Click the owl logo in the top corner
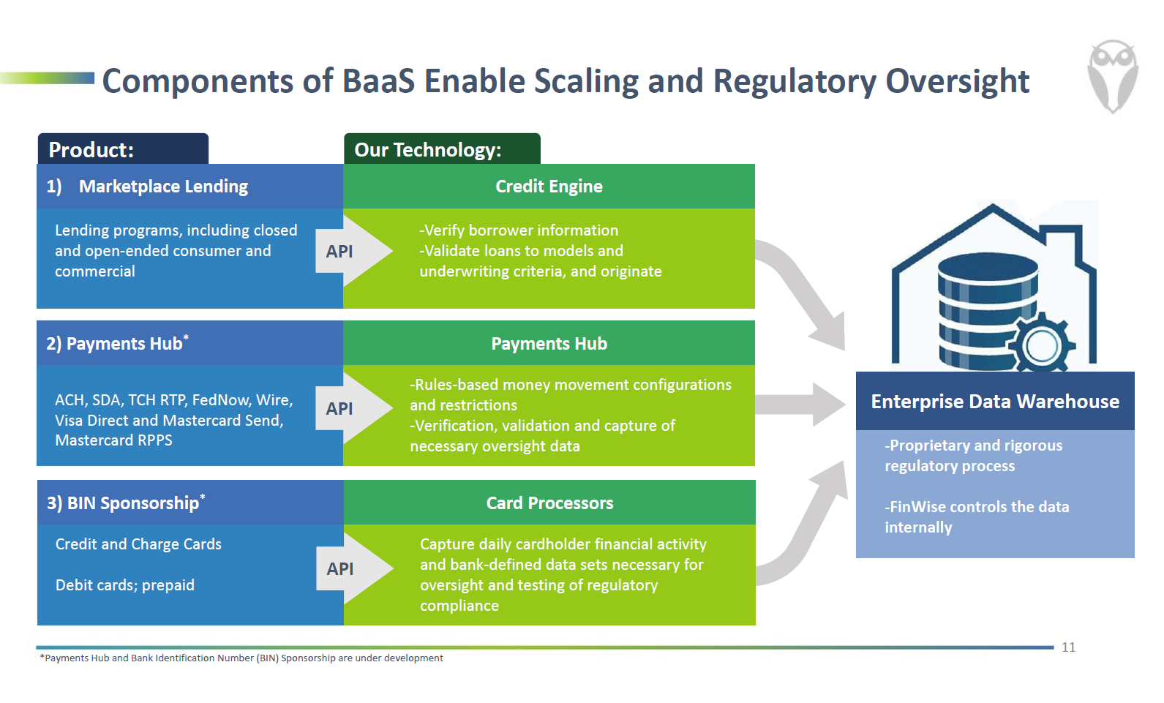(1112, 76)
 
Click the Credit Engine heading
(549, 187)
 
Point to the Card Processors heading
(549, 503)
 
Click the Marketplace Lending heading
(163, 187)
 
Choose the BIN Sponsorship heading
(132, 503)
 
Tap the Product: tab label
(91, 150)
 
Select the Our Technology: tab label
(428, 150)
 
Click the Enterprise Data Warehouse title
(995, 402)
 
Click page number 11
(1068, 647)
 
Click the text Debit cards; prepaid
(125, 585)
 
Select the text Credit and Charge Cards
(138, 544)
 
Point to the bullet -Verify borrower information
(519, 230)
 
